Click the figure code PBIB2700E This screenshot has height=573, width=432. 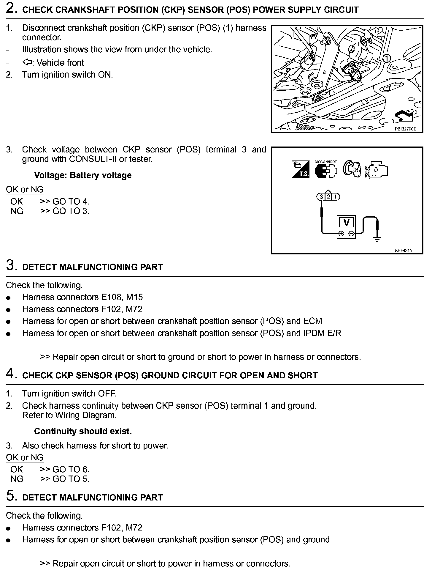coord(405,129)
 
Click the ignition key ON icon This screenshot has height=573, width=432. coord(352,169)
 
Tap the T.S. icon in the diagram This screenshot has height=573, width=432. coord(300,170)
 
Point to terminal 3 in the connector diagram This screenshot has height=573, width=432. coord(321,197)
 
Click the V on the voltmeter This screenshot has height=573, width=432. coord(346,222)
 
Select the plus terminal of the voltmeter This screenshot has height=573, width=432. coord(341,234)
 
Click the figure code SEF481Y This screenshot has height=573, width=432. coord(404,251)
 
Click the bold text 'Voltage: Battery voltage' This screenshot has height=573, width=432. coord(83,175)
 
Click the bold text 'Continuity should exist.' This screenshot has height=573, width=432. coord(83,431)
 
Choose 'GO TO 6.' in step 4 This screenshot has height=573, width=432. coord(71,469)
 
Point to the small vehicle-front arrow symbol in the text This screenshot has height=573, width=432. coord(27,62)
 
